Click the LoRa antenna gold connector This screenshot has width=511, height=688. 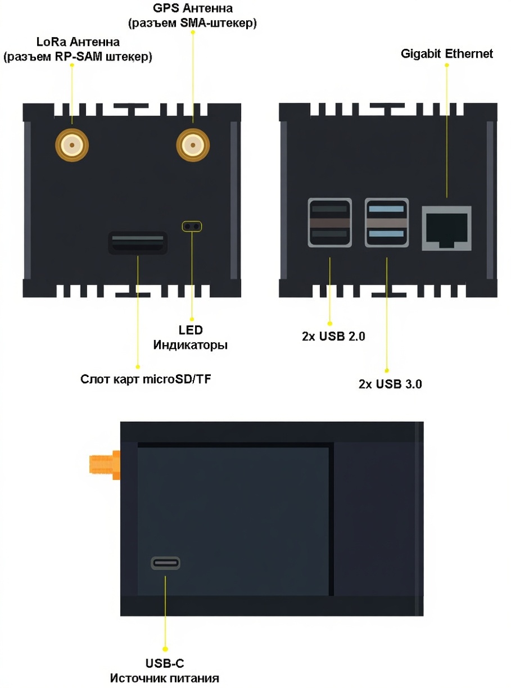pos(71,146)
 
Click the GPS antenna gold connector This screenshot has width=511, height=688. pos(193,145)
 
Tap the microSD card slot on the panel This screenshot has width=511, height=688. pos(138,243)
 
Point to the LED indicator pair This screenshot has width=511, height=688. pos(192,226)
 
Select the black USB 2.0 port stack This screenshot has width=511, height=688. pos(329,222)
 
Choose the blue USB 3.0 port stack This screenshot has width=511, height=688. pos(387,222)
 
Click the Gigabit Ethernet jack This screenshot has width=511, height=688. pos(446,227)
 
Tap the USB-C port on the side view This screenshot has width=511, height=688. pos(165,563)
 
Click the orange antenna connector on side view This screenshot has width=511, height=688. pos(105,464)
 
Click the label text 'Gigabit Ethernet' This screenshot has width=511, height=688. pos(446,54)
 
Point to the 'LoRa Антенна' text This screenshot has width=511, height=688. pos(78,42)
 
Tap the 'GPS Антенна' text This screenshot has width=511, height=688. pos(193,9)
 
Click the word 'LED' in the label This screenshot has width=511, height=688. pos(191,330)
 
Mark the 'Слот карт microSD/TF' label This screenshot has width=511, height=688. pos(146,379)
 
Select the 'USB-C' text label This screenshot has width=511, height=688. pos(165,664)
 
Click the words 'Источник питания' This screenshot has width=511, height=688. pos(165,678)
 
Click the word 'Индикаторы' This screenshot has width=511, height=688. pos(191,345)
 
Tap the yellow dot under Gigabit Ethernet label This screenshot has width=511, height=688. pos(447,65)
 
